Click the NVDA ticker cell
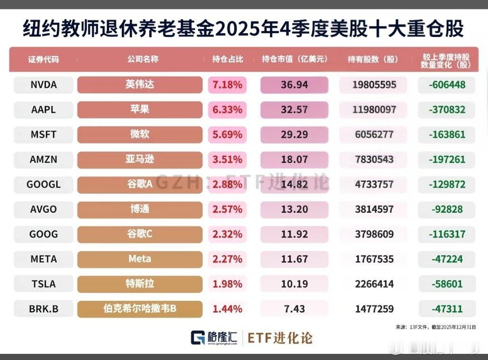(43, 85)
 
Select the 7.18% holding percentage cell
(227, 85)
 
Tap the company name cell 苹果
(139, 109)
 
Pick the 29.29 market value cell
(294, 135)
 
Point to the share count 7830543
(373, 160)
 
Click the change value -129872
(447, 184)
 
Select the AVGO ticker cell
(43, 209)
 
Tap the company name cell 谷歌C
(139, 234)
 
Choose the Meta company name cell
(139, 259)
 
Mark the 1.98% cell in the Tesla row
(227, 284)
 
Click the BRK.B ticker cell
(43, 309)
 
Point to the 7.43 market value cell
(294, 309)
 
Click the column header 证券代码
(43, 60)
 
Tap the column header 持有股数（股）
(373, 60)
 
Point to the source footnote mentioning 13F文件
(435, 327)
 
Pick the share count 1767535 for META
(373, 259)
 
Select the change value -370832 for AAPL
(447, 109)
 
